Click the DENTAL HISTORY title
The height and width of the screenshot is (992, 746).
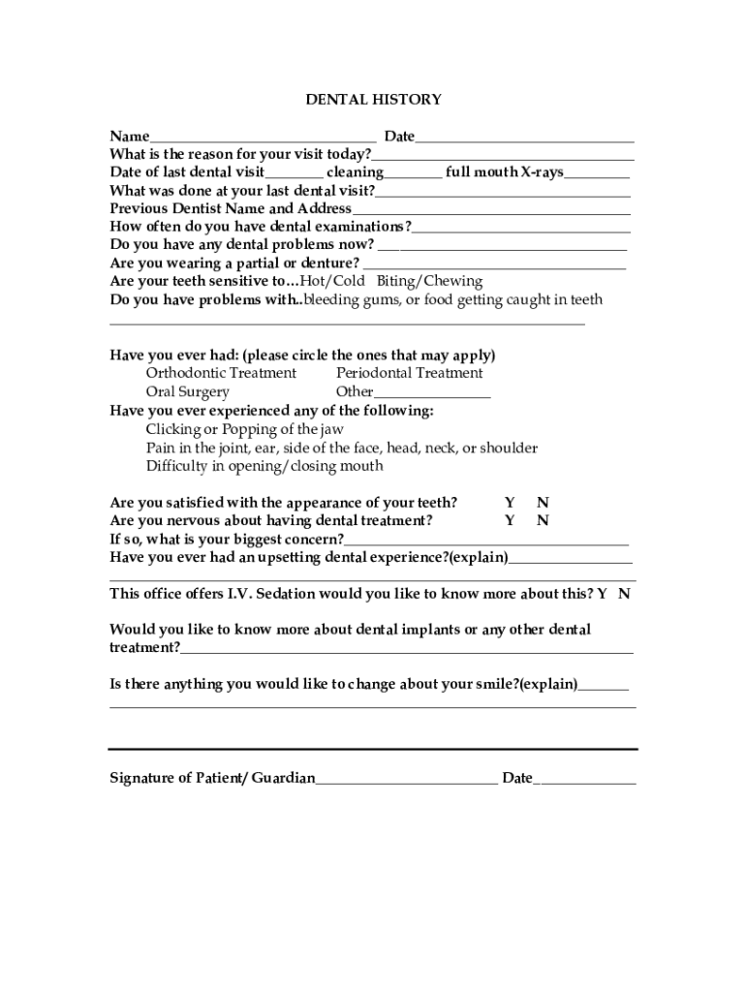(374, 100)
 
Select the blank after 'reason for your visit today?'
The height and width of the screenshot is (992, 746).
(503, 155)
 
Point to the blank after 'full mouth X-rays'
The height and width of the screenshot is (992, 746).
(597, 173)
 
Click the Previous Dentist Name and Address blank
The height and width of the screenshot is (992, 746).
(491, 209)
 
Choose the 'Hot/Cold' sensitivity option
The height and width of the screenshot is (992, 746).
(332, 282)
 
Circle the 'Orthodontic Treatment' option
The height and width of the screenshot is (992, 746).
(221, 373)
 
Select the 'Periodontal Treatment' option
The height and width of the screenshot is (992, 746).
(409, 373)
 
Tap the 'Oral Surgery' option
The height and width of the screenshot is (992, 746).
(188, 392)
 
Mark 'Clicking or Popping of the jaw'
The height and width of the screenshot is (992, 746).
(244, 429)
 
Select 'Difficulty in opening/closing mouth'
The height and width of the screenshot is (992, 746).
(264, 466)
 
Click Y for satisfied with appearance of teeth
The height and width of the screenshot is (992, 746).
(510, 503)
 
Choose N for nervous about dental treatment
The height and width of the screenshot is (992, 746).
(544, 521)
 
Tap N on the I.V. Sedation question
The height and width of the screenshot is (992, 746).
(624, 594)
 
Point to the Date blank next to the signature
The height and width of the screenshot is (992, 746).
(585, 779)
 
